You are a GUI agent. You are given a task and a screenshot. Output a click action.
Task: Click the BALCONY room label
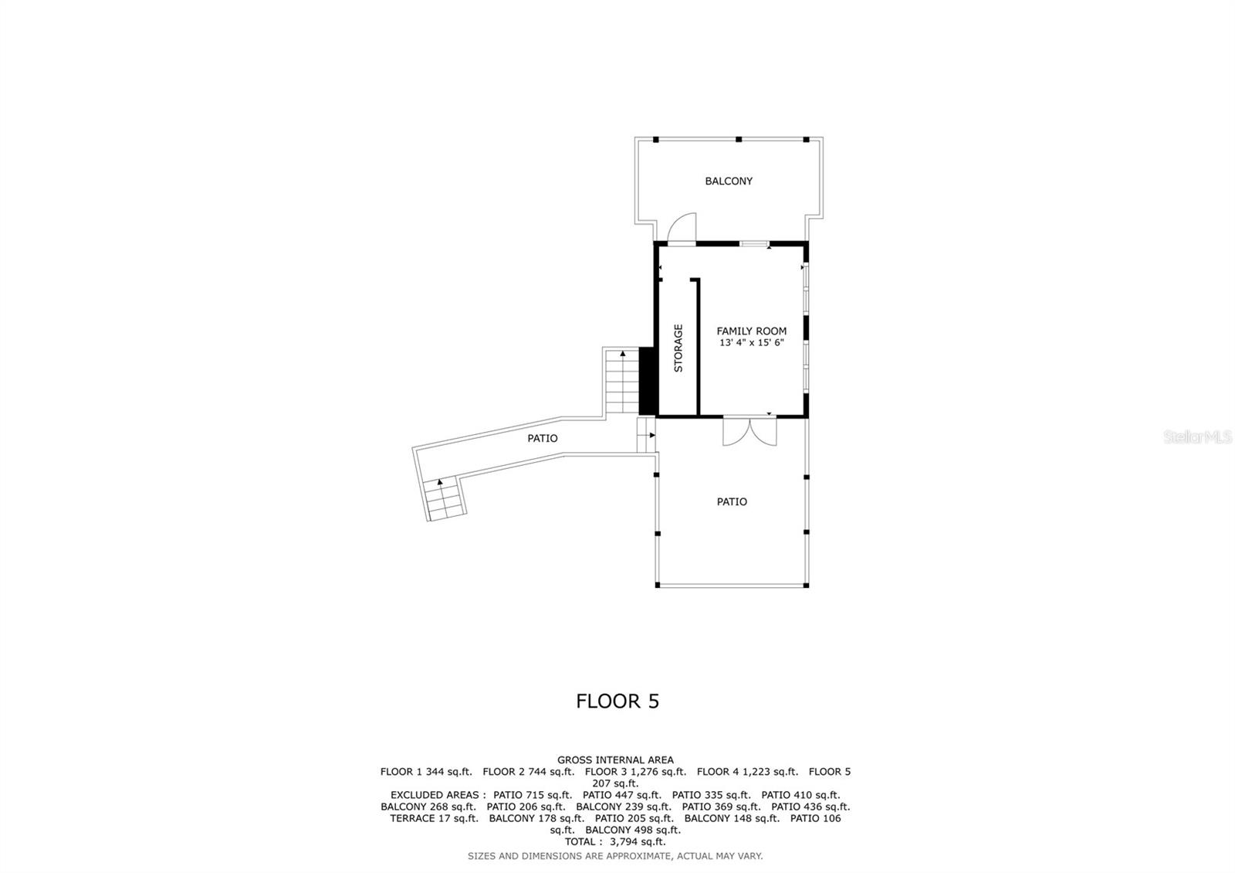[x=728, y=182]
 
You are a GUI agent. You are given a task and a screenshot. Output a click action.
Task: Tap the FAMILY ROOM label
[x=751, y=331]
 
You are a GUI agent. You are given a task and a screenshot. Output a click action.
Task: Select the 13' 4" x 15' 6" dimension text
[x=751, y=343]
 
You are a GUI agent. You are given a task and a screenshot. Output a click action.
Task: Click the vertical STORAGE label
[x=678, y=348]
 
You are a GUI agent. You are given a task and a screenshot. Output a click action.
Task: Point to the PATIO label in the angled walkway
[x=542, y=439]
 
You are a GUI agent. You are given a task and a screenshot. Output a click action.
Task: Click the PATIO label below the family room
[x=731, y=502]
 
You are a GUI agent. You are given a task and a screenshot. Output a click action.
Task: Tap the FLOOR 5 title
[x=617, y=701]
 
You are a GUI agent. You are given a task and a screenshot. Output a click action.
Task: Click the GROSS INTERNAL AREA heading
[x=615, y=760]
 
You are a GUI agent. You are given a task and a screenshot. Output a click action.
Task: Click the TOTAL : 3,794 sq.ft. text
[x=615, y=841]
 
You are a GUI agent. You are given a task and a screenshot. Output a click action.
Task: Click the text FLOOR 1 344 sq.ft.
[x=425, y=772]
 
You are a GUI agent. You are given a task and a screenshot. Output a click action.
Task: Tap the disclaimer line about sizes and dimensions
[x=615, y=856]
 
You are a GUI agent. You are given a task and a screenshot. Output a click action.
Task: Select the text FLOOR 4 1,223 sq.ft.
[x=747, y=772]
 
